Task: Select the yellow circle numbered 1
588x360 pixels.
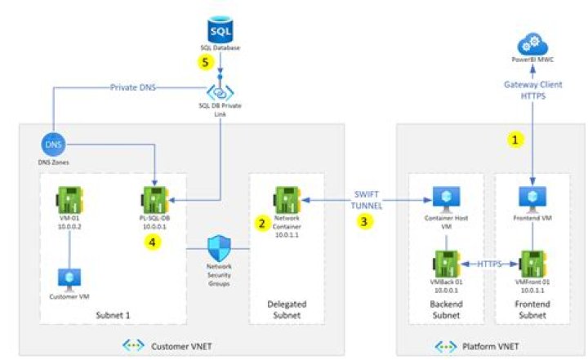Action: pyautogui.click(x=515, y=140)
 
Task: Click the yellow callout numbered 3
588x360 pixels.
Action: pyautogui.click(x=367, y=220)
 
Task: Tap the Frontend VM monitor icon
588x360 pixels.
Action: pyautogui.click(x=532, y=198)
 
